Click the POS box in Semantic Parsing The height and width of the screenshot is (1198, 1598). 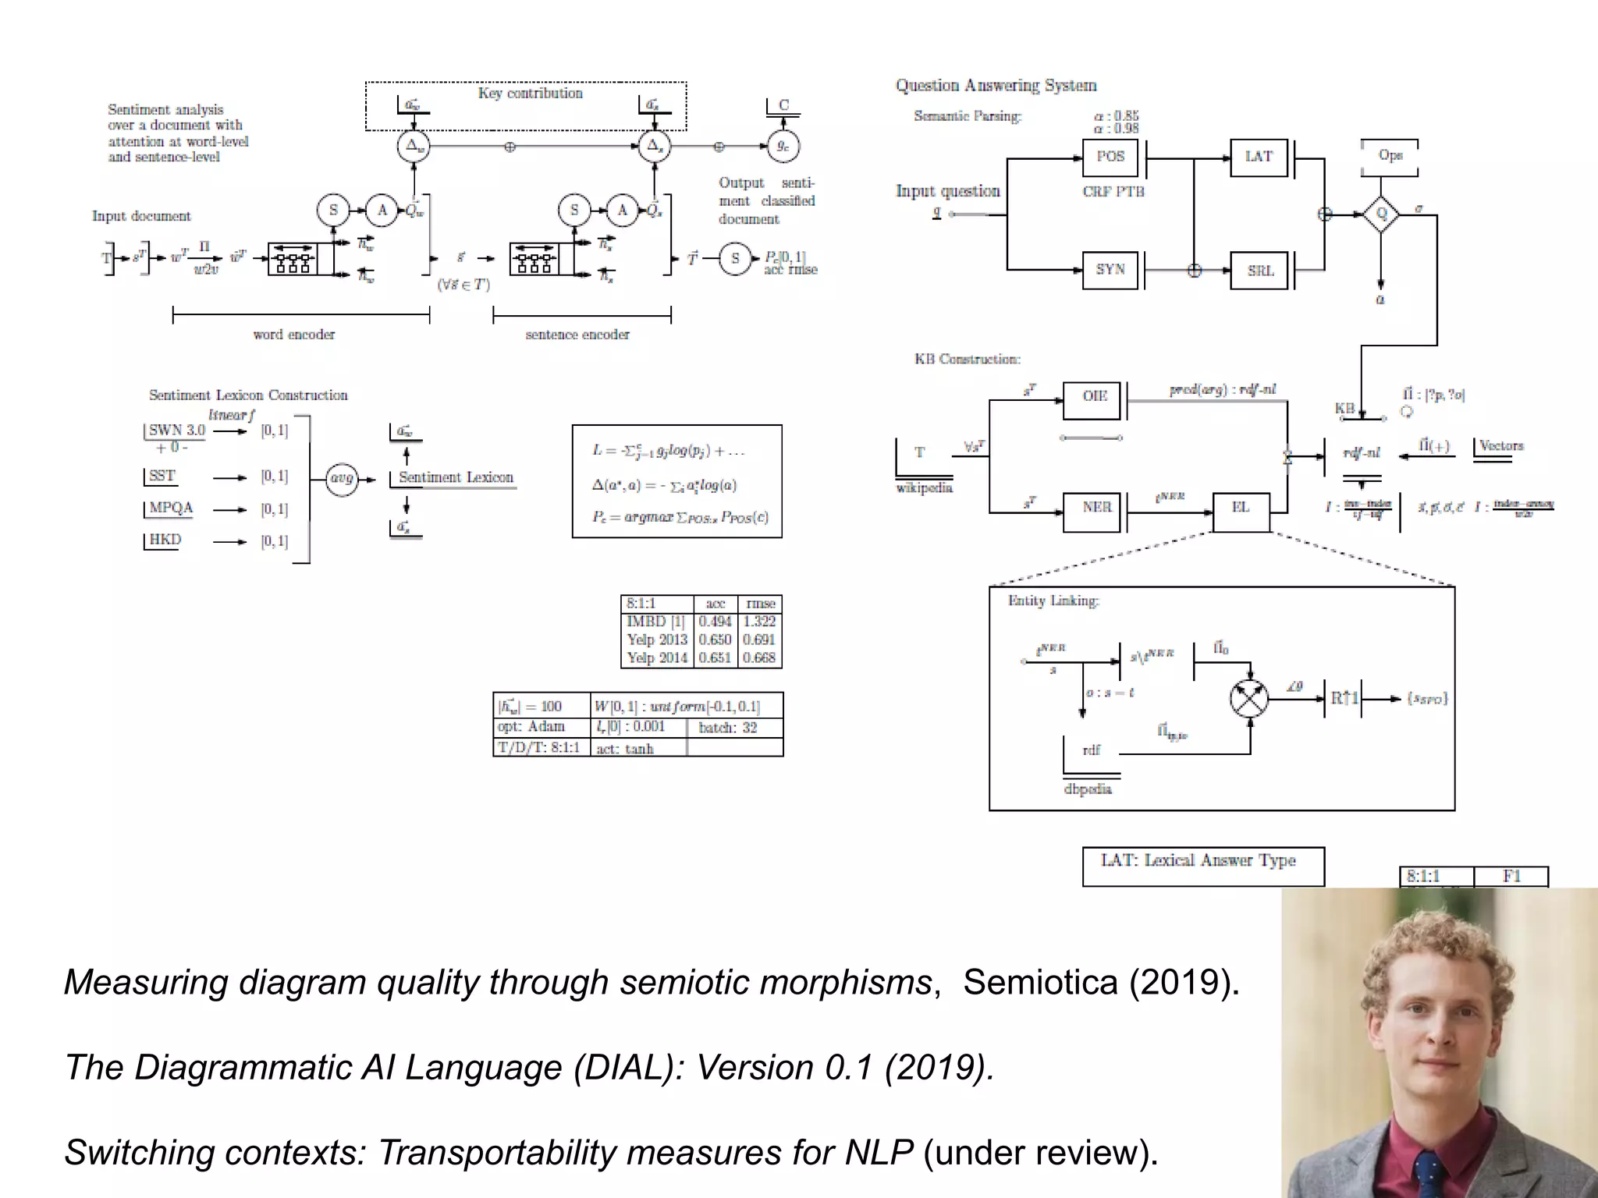tap(1110, 157)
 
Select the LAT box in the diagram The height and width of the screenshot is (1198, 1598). tap(1259, 157)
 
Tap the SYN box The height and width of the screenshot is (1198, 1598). tap(1110, 270)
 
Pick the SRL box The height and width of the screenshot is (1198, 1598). tap(1259, 270)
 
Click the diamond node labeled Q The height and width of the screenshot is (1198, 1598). tap(1381, 214)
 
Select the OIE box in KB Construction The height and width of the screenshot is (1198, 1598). tap(1094, 397)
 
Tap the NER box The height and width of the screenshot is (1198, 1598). tap(1096, 508)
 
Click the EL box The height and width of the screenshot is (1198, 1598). tap(1241, 508)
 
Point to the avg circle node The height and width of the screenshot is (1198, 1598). tap(342, 478)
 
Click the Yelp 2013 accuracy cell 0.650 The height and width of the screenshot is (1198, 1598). tap(715, 640)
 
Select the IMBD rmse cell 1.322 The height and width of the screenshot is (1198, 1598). tap(759, 622)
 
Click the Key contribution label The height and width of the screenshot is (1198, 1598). tap(530, 94)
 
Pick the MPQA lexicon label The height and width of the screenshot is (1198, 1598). tap(171, 508)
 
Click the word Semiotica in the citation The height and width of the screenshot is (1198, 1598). tap(1039, 982)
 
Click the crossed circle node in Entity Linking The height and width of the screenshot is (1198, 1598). tap(1249, 697)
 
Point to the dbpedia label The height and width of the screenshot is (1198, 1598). tap(1088, 789)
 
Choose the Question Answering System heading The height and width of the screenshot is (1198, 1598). tap(996, 86)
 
